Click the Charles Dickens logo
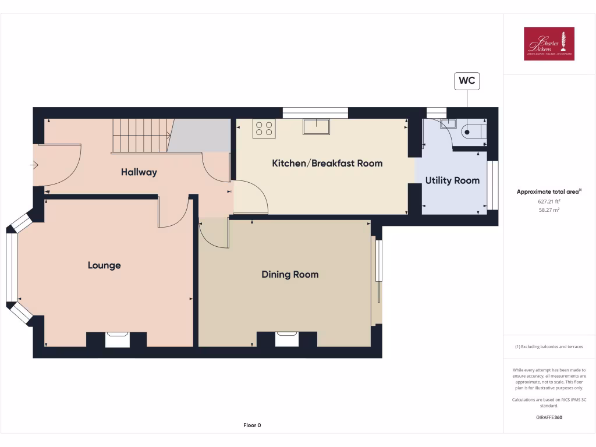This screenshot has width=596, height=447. pos(549,44)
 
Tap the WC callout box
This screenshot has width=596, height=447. pos(467,81)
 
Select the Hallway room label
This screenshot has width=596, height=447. pos(139,172)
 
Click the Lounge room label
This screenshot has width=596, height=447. pos(104,265)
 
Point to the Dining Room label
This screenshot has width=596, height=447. pos(290,275)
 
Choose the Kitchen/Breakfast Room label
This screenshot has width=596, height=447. pos(327,164)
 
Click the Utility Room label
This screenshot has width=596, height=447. pos(452,180)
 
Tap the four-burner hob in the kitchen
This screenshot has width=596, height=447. pos(264,128)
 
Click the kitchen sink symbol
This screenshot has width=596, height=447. pos(316,126)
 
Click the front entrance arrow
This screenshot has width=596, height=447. pos(34,166)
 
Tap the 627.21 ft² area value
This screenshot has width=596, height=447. pos(549,201)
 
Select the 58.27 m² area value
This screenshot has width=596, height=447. pos(549,210)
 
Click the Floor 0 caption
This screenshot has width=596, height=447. pos(252,425)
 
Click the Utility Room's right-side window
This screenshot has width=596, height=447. pos(492,185)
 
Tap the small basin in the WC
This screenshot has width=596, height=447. pos(448,123)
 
